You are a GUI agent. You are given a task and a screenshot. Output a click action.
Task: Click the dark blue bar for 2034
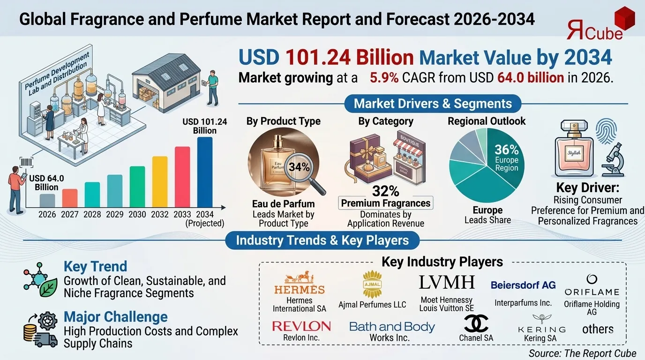205,172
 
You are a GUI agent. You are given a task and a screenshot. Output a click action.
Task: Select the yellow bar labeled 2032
160,182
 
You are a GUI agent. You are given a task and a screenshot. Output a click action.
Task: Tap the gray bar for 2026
47,201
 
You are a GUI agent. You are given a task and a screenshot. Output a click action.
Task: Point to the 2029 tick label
114,214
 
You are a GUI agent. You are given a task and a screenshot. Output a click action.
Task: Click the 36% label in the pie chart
507,150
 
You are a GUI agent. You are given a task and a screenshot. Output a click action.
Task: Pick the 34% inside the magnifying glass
299,166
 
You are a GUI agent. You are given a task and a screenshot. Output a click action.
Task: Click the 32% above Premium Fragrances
386,191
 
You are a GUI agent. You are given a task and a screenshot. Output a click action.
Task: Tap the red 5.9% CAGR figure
384,77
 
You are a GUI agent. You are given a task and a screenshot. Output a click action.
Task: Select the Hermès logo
300,283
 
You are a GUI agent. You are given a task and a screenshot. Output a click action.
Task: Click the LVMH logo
446,282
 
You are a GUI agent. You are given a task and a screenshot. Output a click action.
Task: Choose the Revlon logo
301,326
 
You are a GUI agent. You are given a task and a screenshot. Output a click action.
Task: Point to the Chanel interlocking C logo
476,323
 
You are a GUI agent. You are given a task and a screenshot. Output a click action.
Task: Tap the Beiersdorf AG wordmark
523,285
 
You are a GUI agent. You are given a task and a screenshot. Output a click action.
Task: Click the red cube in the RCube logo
626,20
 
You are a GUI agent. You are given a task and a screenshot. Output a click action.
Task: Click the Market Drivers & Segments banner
433,104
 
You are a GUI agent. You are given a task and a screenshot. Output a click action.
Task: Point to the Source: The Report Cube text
582,353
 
